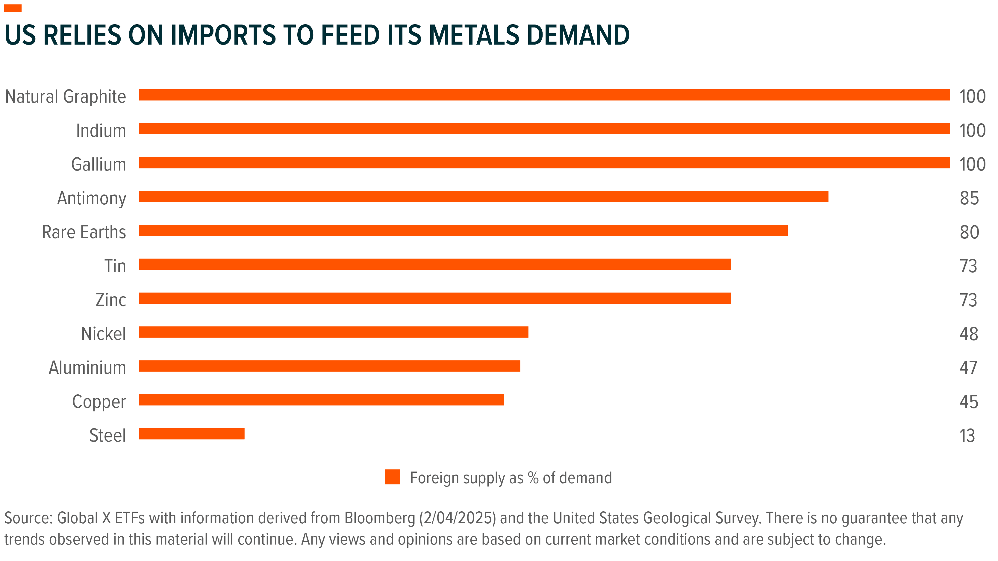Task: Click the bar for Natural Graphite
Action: [x=544, y=95]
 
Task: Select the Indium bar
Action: [x=544, y=129]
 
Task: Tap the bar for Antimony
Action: [x=484, y=197]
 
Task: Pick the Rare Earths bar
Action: [x=463, y=230]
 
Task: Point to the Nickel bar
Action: [x=334, y=332]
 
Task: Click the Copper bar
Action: [x=322, y=400]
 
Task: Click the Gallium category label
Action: [x=99, y=165]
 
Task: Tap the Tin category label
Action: [x=116, y=266]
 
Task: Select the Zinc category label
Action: [x=111, y=300]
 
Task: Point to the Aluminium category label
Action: [x=87, y=368]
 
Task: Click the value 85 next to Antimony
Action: [x=969, y=198]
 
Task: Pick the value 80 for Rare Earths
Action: [x=969, y=232]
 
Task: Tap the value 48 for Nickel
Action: [x=969, y=334]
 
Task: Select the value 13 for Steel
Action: [x=968, y=436]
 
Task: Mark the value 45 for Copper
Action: [x=969, y=402]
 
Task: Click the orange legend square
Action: [x=392, y=477]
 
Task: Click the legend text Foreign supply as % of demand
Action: [x=511, y=478]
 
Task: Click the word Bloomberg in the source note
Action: [x=380, y=518]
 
